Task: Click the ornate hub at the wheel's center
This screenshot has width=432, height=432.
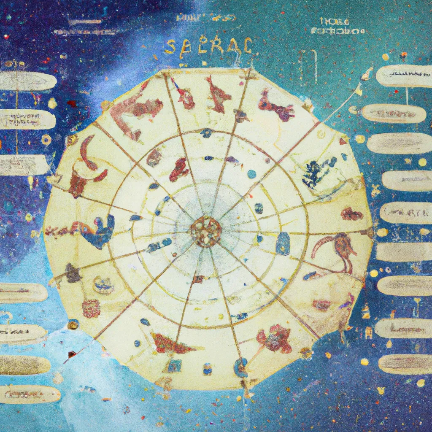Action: click(205, 231)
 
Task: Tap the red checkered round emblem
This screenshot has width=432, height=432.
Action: click(91, 308)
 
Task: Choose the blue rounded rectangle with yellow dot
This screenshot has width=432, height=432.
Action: click(283, 243)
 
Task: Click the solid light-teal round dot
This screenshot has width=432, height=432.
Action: click(252, 174)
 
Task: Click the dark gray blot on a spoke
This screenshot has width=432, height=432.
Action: click(73, 274)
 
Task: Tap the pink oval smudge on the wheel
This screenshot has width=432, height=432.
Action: click(321, 305)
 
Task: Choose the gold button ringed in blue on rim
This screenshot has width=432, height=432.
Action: click(73, 324)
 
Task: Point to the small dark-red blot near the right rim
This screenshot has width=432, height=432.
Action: click(351, 214)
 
